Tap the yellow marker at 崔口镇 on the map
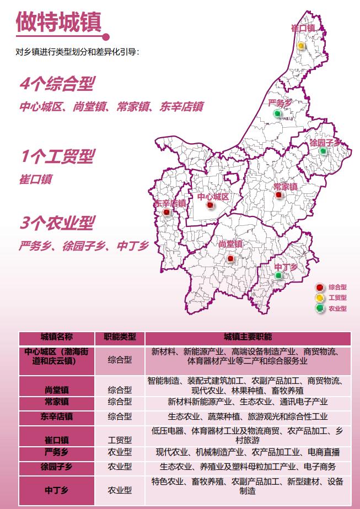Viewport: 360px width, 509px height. pos(302,46)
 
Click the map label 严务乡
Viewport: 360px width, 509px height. pos(279,103)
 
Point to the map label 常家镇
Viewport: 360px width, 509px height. pos(285,187)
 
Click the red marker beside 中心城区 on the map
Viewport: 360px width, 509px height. pos(209,205)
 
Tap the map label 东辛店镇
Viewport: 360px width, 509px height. pos(169,203)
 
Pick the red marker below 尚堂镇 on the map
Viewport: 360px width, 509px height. pos(230,258)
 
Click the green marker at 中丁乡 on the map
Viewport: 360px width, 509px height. pos(278,275)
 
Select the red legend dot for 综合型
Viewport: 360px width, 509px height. pos(319,288)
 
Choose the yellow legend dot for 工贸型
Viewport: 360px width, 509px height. pos(319,298)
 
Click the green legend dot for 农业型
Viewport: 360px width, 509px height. pos(319,308)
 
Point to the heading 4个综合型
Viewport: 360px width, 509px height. pos(57,84)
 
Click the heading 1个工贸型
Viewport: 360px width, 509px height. pos(57,157)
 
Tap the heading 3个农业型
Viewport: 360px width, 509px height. pos(57,223)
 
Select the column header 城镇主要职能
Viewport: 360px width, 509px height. pos(248,337)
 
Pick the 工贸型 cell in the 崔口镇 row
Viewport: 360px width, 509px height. pos(120,440)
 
